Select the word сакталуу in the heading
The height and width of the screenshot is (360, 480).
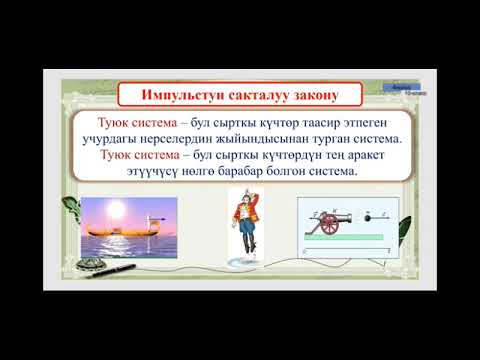tap(254, 95)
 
